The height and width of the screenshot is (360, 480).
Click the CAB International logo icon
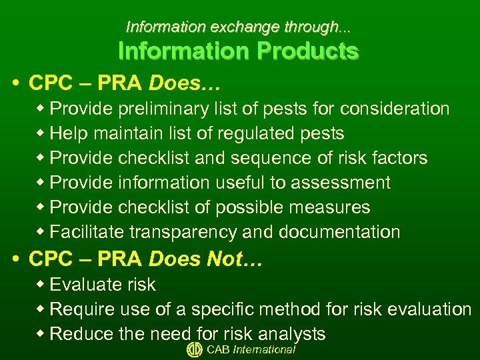point(194,350)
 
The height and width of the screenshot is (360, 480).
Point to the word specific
point(225,309)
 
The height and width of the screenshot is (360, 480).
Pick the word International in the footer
point(264,350)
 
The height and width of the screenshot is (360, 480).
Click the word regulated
point(257,133)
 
